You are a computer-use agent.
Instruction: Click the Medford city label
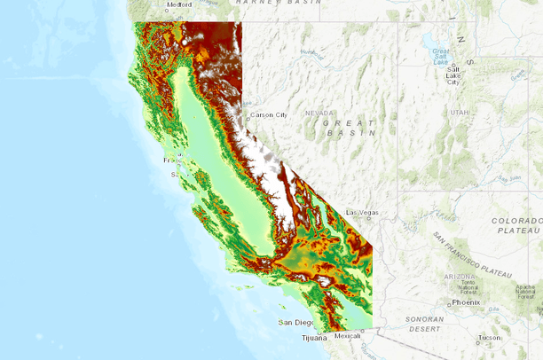pos(179,4)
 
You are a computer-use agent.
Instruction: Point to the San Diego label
pos(295,322)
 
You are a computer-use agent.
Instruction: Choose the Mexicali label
pos(347,336)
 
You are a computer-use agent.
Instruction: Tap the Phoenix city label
pos(465,301)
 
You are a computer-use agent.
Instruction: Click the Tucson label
pos(488,338)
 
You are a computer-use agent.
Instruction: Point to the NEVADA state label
pos(319,113)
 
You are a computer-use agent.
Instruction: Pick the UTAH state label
pos(459,113)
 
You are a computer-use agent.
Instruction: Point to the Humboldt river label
pos(311,53)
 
